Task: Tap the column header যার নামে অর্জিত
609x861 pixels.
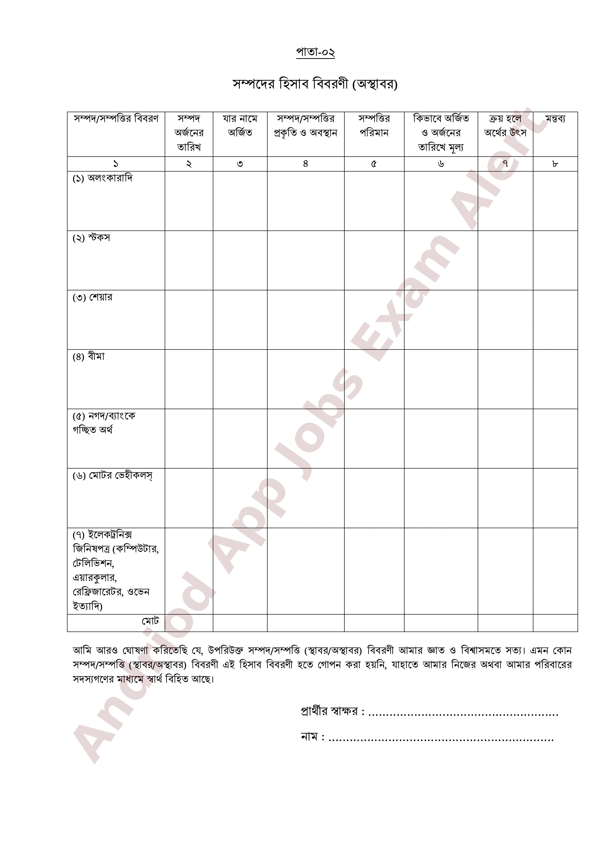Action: click(x=240, y=126)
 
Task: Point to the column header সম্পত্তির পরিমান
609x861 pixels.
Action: click(x=374, y=126)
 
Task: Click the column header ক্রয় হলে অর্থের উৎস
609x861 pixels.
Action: click(x=505, y=126)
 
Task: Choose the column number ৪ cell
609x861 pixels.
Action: click(x=306, y=164)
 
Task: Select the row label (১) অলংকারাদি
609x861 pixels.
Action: click(x=102, y=178)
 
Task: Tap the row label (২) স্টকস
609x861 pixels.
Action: click(x=92, y=238)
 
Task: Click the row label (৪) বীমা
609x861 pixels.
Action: click(x=89, y=357)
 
